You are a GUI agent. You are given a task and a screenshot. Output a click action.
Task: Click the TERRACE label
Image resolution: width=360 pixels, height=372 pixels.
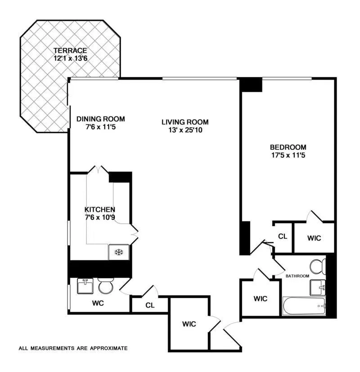point(70,50)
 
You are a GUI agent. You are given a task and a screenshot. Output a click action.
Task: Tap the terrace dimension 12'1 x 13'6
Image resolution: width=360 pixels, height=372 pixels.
point(70,58)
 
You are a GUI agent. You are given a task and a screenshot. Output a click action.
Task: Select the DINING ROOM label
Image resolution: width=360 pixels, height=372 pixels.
point(100,119)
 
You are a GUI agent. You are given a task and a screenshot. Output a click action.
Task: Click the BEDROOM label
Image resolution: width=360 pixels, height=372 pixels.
point(288,147)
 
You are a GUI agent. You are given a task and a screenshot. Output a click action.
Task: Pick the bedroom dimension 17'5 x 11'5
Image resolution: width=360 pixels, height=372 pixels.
point(288,155)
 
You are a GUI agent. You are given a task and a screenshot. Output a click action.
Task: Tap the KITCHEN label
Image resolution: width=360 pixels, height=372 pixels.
point(100,210)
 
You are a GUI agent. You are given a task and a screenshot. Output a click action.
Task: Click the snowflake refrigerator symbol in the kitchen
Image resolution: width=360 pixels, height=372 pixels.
point(119,252)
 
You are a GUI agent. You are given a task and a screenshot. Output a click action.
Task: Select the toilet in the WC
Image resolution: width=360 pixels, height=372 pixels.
point(106,286)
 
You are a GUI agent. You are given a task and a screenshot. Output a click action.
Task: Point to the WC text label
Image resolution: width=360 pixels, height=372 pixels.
point(98,303)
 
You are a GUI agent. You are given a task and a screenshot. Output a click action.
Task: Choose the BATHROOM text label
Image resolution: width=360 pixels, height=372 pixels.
point(296,276)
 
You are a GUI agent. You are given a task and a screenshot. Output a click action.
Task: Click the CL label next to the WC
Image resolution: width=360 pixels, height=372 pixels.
point(150,305)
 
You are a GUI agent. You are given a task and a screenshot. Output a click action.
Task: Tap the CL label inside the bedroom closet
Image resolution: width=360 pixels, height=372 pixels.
point(283,236)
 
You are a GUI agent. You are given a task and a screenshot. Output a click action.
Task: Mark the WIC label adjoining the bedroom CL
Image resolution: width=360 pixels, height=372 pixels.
point(314,238)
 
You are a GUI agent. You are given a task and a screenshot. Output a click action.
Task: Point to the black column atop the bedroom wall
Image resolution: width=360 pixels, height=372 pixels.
point(251,85)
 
